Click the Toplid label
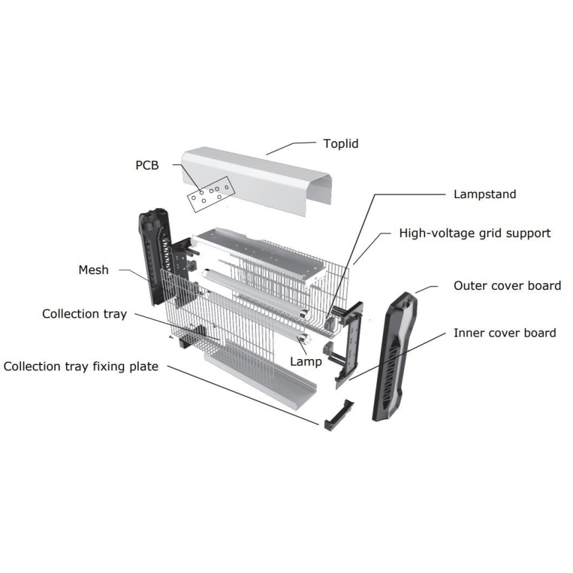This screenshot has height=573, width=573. click(x=341, y=143)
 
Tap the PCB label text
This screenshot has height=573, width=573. click(x=147, y=166)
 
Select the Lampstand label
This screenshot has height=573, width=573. click(x=485, y=194)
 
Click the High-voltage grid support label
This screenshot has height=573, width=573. click(x=475, y=233)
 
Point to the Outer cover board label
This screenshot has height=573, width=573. click(x=507, y=285)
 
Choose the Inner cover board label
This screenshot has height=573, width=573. click(x=504, y=333)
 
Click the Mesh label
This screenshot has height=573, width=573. click(x=93, y=269)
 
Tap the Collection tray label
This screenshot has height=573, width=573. click(x=84, y=313)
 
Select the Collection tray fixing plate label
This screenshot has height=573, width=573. click(x=81, y=366)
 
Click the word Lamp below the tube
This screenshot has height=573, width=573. click(x=306, y=361)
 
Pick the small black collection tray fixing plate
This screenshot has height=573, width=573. click(x=337, y=414)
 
